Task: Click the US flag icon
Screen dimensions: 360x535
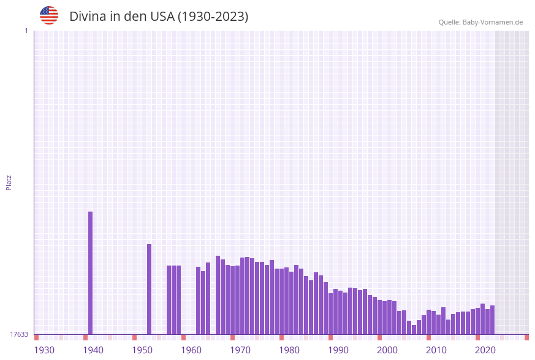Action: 49,15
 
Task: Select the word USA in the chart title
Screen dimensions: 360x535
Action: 162,17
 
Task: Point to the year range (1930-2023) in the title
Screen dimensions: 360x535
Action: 213,17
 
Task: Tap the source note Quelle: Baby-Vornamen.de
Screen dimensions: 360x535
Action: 480,22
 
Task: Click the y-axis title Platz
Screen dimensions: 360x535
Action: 9,182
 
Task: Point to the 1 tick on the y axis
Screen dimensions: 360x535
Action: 26,31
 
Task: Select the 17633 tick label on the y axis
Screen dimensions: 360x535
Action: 19,334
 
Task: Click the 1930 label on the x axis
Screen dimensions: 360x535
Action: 44,350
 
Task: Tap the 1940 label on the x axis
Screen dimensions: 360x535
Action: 93,350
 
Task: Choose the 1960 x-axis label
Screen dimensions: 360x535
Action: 191,350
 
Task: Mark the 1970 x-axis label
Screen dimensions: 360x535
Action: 240,350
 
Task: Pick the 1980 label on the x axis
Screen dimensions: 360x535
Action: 289,350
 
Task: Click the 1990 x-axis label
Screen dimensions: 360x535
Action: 338,350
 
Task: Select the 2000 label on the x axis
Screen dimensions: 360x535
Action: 387,350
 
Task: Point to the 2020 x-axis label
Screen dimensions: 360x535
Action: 485,350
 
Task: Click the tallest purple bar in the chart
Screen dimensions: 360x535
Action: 91,273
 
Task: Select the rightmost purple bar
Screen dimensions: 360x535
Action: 492,320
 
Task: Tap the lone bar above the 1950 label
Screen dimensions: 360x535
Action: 149,289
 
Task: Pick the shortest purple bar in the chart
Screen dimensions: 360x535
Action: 414,330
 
